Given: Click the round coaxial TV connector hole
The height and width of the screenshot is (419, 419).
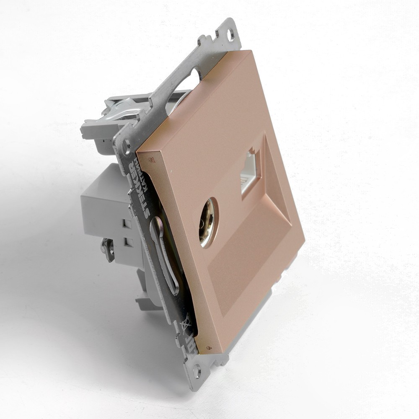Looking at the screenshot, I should click(x=208, y=222).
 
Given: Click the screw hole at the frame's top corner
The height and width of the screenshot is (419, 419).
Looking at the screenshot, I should click(x=230, y=35).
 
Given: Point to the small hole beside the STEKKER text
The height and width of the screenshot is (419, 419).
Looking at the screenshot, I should click(x=126, y=147).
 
